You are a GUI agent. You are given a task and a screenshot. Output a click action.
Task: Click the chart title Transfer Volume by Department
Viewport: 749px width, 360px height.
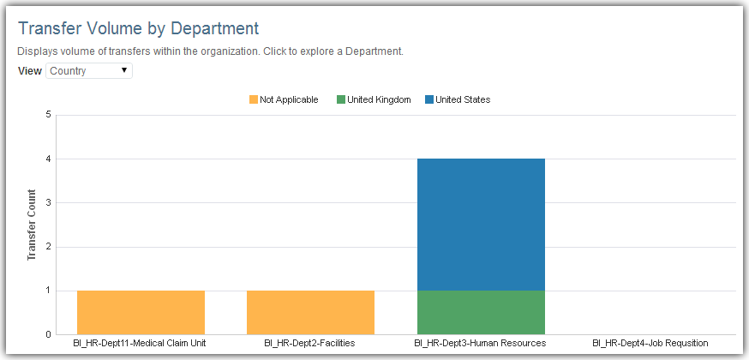138,28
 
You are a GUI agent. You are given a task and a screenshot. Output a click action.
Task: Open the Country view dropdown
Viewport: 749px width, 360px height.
89,70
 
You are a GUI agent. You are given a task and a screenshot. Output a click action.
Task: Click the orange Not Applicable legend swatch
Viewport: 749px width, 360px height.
254,99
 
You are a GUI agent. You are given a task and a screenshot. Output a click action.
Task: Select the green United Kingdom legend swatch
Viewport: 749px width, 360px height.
341,99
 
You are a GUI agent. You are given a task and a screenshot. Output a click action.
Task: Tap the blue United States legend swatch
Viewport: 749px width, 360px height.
429,99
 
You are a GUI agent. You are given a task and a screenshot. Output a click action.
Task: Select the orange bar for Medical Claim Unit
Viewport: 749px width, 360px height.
141,312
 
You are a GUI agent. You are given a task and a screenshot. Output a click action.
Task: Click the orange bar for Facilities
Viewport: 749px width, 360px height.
310,312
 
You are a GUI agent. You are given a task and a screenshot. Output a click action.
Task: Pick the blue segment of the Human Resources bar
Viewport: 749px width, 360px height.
481,225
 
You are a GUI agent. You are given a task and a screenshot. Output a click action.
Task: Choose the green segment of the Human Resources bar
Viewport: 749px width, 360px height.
481,312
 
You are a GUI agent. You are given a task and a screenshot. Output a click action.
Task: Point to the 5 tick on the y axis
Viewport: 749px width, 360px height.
48,115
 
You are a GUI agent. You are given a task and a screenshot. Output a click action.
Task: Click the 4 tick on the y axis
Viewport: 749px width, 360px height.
48,159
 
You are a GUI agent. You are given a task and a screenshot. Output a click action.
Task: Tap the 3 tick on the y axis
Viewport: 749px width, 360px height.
48,203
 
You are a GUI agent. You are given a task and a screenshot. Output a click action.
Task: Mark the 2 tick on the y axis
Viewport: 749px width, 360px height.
48,247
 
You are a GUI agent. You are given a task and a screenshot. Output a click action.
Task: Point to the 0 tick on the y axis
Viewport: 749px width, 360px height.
48,334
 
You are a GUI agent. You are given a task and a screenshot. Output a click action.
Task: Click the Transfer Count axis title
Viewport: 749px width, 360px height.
31,225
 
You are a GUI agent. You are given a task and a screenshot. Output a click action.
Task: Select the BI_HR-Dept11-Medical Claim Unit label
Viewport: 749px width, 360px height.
140,344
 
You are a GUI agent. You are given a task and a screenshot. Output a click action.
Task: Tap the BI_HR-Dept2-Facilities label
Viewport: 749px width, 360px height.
309,344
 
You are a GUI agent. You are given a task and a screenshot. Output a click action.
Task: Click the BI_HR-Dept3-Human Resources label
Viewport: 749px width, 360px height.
480,344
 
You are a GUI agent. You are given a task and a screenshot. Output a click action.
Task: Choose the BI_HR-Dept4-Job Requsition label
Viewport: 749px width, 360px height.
650,344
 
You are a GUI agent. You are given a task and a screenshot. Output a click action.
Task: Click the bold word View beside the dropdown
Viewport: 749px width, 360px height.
29,70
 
